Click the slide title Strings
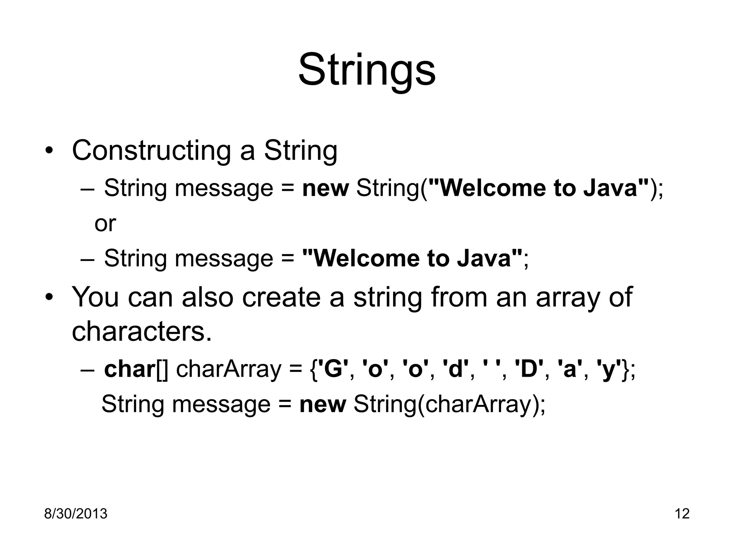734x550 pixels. tap(367, 70)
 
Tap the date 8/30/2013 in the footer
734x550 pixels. tap(76, 514)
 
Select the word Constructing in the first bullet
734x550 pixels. tap(151, 151)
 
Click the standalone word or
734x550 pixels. tap(105, 223)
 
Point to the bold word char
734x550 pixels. tap(129, 369)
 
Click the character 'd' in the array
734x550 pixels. tap(456, 369)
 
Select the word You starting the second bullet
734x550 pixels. tap(95, 297)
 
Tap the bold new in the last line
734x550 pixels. tap(323, 405)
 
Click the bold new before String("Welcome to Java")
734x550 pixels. tap(325, 189)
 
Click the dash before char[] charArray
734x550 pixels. tap(87, 370)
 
